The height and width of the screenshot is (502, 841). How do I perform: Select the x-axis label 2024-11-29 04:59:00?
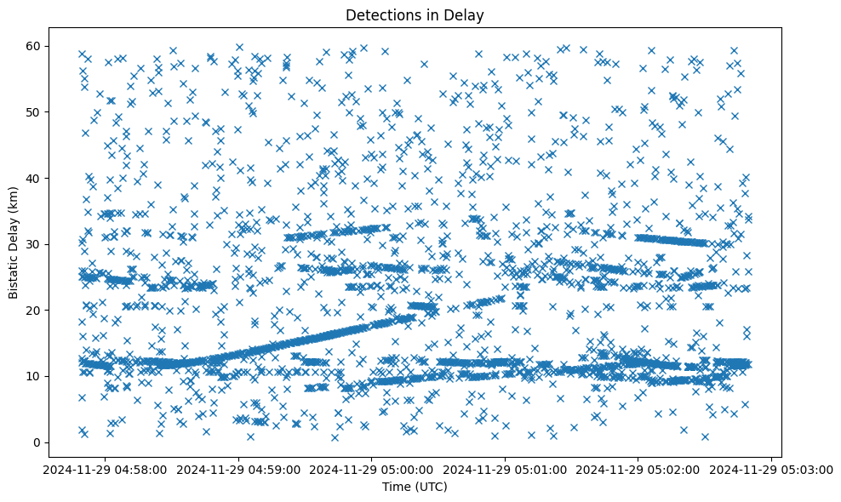coord(238,469)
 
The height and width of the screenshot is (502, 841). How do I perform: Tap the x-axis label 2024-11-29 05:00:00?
coord(372,469)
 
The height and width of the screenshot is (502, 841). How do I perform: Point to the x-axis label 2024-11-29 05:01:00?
coord(506,469)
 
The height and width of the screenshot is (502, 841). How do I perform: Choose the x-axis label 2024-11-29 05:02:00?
coord(638,469)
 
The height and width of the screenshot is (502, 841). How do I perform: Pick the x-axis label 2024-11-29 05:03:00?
coord(772,469)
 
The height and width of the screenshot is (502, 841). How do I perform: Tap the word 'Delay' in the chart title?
coord(465,14)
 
